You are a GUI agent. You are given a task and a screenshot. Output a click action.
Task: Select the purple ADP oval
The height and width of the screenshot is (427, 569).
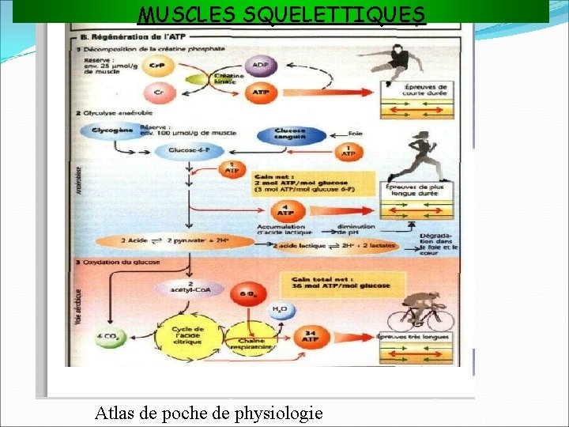(259, 64)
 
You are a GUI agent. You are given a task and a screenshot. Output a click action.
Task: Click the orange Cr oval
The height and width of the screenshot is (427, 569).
(159, 93)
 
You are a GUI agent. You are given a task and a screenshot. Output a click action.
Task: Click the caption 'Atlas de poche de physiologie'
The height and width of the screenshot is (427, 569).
(209, 412)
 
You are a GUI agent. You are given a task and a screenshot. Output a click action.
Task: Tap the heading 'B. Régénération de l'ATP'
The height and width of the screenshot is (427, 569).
(126, 36)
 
